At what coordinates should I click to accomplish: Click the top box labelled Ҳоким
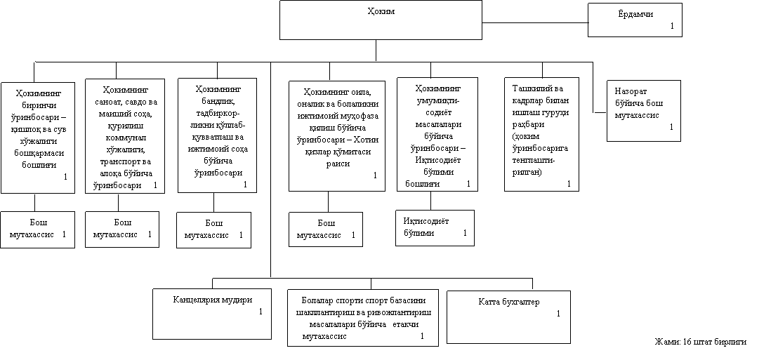click(381, 20)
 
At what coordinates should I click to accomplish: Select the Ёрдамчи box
click(635, 20)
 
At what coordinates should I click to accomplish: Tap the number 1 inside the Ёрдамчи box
click(672, 26)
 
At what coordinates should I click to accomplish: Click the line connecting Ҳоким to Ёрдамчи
click(535, 23)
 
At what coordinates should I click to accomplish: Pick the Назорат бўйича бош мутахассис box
click(644, 111)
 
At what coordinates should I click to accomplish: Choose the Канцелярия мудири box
click(212, 314)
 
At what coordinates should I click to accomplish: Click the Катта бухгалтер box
click(508, 317)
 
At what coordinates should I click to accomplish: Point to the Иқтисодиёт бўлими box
click(435, 227)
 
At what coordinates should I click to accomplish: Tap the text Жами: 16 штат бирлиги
click(701, 342)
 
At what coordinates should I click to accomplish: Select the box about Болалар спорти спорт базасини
click(363, 317)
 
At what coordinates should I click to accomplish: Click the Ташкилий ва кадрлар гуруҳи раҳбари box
click(541, 134)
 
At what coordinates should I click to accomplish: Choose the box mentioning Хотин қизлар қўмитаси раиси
click(337, 136)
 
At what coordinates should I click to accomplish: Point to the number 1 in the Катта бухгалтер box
click(558, 314)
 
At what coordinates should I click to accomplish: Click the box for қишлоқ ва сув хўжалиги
click(38, 138)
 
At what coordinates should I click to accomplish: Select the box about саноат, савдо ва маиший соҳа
click(125, 136)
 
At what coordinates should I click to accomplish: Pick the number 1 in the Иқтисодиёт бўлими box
click(465, 233)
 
